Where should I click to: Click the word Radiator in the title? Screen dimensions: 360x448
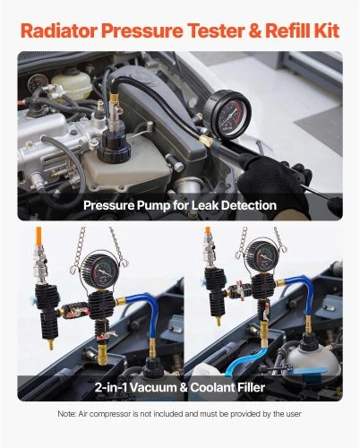[x=59, y=30]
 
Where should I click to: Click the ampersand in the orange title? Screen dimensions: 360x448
[x=254, y=30]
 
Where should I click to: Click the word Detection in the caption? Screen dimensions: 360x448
[x=249, y=205]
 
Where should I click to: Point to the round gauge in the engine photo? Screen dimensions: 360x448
[x=227, y=115]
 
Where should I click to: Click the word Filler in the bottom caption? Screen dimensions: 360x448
[x=251, y=388]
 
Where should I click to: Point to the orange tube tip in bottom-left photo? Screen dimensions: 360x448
[x=39, y=236]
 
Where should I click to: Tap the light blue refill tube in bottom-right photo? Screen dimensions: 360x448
[x=244, y=360]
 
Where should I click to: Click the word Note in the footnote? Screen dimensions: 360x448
[x=64, y=414]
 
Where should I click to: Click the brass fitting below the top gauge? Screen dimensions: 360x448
[x=207, y=140]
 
